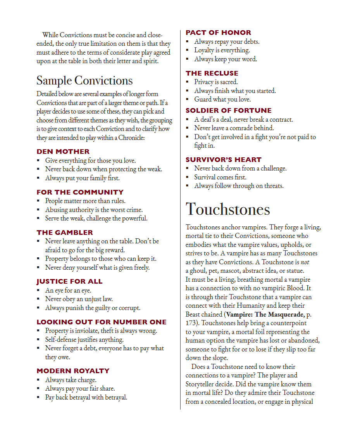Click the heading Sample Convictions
tap(84, 80)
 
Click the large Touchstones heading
tap(227, 209)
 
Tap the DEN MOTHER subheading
tap(63, 152)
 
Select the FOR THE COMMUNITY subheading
tap(80, 192)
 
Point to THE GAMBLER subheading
tap(65, 233)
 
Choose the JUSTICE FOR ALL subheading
tap(69, 281)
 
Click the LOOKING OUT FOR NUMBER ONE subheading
tap(102, 322)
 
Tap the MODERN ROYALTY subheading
tap(73, 371)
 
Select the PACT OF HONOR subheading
tap(218, 33)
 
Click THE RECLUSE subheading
tap(212, 73)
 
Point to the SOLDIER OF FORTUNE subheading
tap(228, 110)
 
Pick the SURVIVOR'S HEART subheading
tap(223, 160)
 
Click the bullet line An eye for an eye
tap(68, 290)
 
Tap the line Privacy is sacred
tap(216, 82)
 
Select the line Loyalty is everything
tap(222, 50)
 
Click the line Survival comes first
tap(220, 177)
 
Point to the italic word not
tap(305, 262)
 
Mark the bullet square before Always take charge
tap(38, 380)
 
